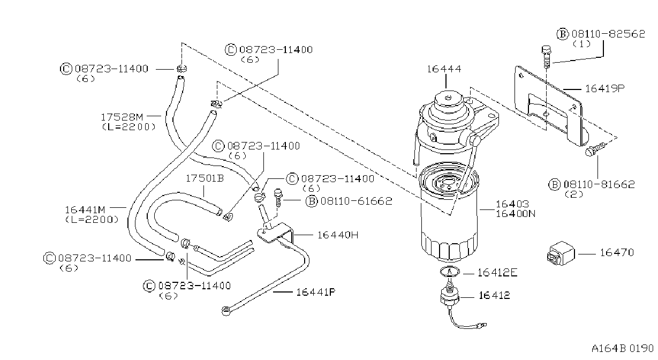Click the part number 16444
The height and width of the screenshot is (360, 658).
pyautogui.click(x=444, y=69)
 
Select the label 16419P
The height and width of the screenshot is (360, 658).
pyautogui.click(x=605, y=88)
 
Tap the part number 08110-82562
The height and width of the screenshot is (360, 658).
pyautogui.click(x=608, y=34)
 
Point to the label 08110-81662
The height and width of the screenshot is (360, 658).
pyautogui.click(x=599, y=185)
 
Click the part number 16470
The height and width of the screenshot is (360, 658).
pyautogui.click(x=617, y=252)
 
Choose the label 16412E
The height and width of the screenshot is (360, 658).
pyautogui.click(x=497, y=273)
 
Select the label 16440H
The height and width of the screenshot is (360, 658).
pyautogui.click(x=338, y=235)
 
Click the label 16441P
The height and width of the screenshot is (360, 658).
pyautogui.click(x=316, y=292)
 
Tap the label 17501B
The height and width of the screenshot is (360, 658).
pyautogui.click(x=205, y=178)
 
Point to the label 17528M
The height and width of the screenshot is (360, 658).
pyautogui.click(x=122, y=117)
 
